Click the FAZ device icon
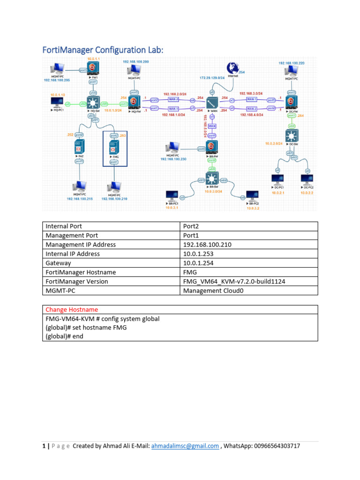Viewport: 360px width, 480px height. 79,146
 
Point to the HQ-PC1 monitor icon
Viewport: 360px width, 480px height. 58,102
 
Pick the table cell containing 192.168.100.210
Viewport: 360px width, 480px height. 207,245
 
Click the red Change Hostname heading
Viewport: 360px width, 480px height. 72,310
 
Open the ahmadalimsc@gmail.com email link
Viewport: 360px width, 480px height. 185,446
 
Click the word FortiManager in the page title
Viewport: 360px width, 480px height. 69,50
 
